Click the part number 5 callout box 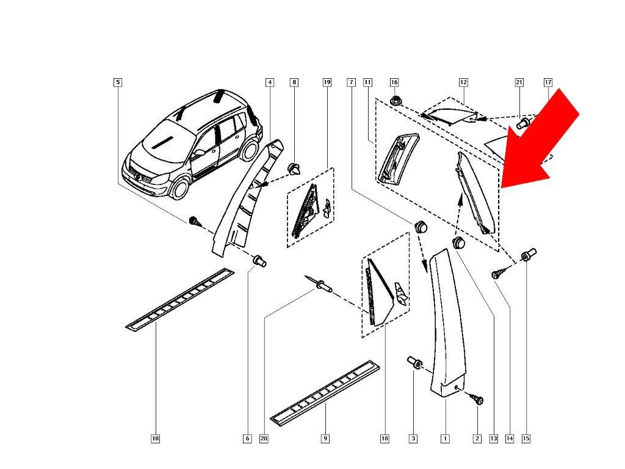(118, 82)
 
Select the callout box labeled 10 (155, 438)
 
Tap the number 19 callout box (327, 82)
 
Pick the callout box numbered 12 (463, 82)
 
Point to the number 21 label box (519, 82)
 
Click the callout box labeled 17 (547, 82)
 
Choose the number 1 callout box (445, 438)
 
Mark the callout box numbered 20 (264, 438)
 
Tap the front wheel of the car (179, 187)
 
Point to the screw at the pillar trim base (475, 399)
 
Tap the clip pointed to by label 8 (295, 169)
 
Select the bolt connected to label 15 (529, 253)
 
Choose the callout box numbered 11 (367, 82)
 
